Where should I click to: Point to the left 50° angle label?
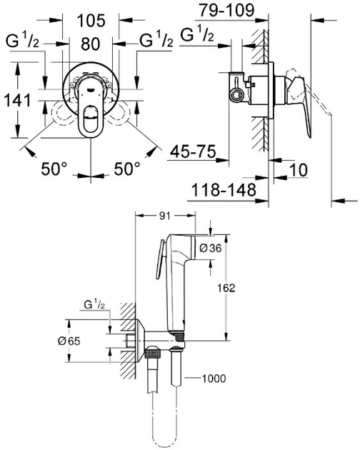54,169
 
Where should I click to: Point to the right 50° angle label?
129,169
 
